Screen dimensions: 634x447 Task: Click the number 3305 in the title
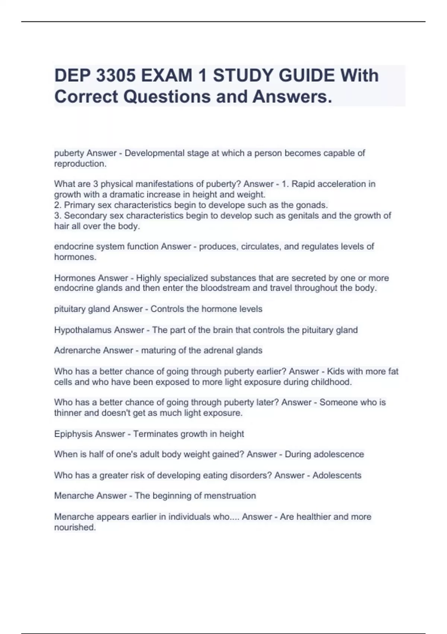[115, 76]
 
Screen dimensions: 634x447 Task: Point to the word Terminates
[155, 434]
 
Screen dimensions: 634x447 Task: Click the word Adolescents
[337, 475]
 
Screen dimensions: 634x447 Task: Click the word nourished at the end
[75, 527]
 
